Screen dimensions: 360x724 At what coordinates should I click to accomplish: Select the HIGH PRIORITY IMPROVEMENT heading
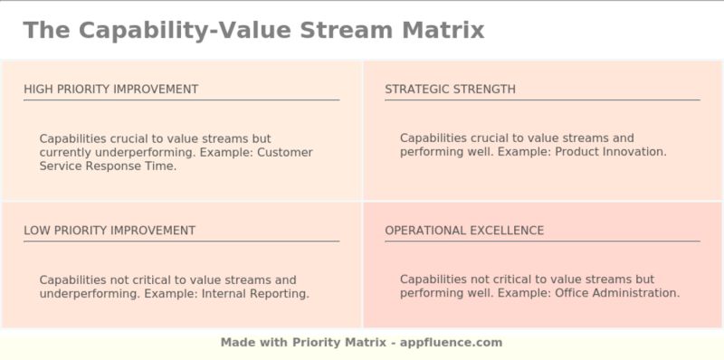click(x=110, y=89)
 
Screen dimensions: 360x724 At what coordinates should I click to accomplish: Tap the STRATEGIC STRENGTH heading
click(x=450, y=89)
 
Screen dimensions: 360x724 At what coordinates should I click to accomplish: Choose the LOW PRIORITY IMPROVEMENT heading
click(x=110, y=231)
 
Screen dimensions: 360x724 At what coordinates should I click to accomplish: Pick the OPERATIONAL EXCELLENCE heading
click(x=464, y=231)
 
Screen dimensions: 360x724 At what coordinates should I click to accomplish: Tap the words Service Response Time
click(x=108, y=166)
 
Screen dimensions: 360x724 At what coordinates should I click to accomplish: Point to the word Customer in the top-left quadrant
click(x=285, y=153)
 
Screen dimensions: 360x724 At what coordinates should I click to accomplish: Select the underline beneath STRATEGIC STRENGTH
click(x=541, y=99)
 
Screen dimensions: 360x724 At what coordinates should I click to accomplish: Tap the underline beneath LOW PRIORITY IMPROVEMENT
click(x=181, y=242)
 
